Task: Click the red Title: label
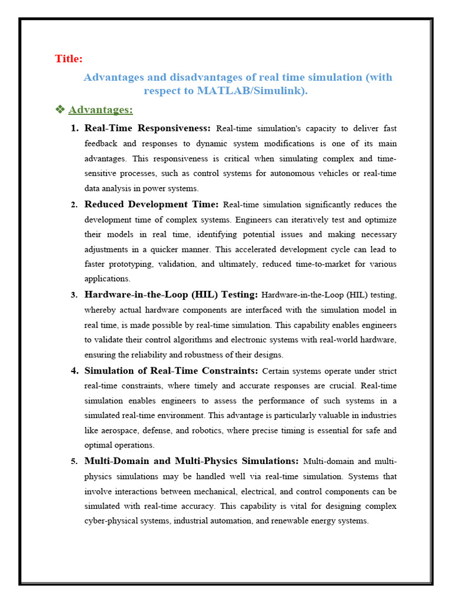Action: [x=69, y=58]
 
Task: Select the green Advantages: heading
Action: [x=101, y=110]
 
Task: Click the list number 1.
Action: [x=74, y=128]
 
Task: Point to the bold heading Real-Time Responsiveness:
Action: [x=147, y=128]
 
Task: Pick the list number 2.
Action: [x=74, y=205]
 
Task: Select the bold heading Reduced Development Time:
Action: [x=151, y=204]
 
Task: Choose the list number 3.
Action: [x=74, y=294]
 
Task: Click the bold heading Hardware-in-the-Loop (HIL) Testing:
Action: [x=171, y=294]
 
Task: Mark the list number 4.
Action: [x=74, y=371]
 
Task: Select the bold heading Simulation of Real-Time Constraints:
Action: [x=171, y=371]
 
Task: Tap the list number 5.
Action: [x=74, y=461]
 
